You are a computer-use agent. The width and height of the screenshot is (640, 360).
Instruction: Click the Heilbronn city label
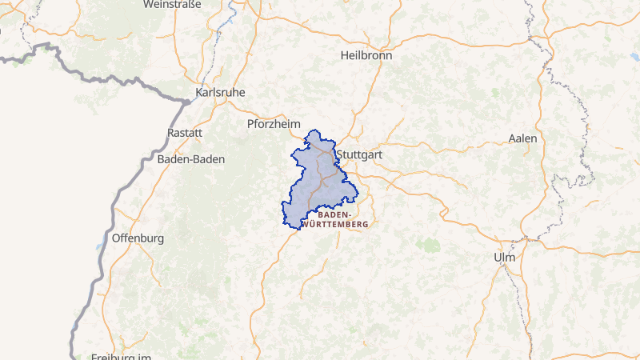point(367,56)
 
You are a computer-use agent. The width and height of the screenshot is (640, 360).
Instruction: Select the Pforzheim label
point(274,124)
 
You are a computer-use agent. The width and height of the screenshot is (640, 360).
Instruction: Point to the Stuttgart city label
point(360,154)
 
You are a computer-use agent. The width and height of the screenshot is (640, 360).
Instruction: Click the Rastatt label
point(186,132)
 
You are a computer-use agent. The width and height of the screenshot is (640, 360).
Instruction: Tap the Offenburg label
point(138,238)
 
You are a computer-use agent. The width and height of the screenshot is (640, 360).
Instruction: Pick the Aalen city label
point(522,138)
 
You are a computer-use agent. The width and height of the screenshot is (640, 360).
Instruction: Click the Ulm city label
point(505,258)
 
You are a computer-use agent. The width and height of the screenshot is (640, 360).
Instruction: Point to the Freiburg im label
point(122,357)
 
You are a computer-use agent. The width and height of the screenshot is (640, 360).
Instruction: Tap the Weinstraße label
point(172,4)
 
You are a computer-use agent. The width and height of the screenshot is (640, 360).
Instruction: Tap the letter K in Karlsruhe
point(199,92)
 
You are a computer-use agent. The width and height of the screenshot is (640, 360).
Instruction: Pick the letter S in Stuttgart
point(341,154)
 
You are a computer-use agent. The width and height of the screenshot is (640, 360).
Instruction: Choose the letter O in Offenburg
point(117,238)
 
